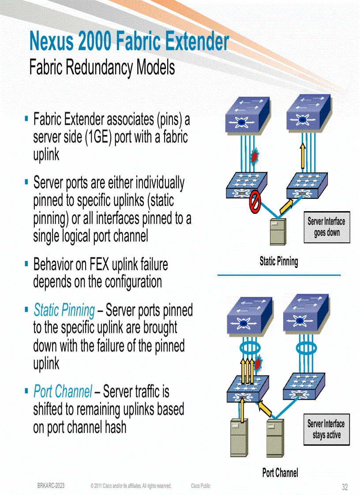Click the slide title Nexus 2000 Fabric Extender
129,42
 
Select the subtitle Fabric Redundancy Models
102,68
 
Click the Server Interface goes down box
326,227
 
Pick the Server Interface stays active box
326,429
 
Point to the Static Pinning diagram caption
279,261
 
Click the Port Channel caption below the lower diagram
280,473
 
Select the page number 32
345,487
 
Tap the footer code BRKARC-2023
51,486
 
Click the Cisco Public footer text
200,486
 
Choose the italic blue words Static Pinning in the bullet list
64,311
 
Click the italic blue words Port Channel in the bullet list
63,391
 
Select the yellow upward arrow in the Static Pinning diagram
303,156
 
